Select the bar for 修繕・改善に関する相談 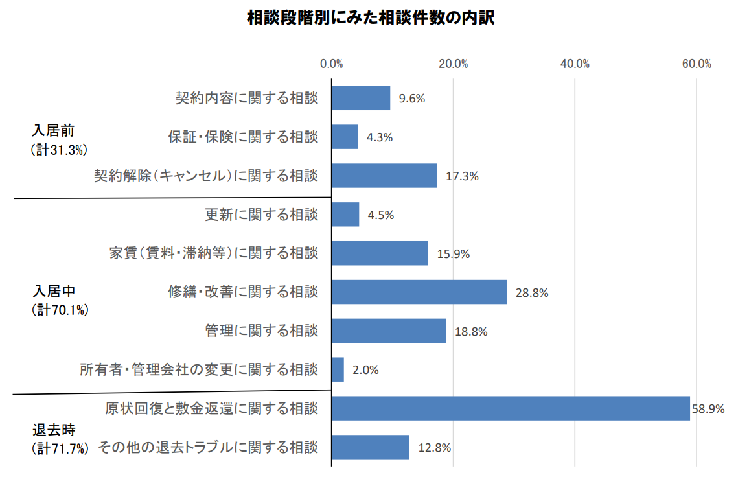pos(419,292)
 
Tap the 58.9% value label pos(708,408)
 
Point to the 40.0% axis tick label pos(575,64)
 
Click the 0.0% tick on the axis pos(332,64)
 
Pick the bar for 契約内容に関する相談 pos(361,98)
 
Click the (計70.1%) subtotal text pos(60,310)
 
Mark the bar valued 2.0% pos(338,369)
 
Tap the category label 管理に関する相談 pos(262,331)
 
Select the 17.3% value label pos(462,176)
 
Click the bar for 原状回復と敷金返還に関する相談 pos(511,408)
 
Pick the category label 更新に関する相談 pos(262,214)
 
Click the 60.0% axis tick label pos(697,64)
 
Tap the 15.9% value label pos(454,253)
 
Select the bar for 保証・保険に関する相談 pos(345,137)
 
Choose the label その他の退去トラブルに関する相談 pos(208,447)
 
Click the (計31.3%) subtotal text pos(59,150)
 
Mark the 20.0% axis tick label pos(453,64)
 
